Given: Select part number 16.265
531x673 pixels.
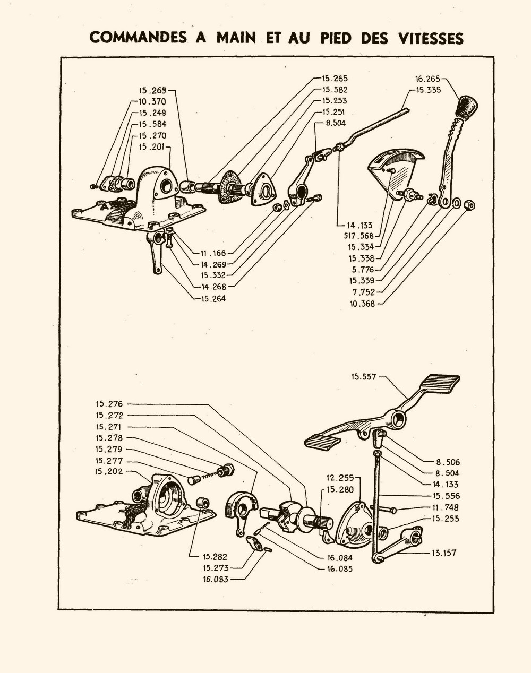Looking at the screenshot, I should coord(427,79).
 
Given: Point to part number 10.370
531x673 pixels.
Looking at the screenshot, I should coord(152,101).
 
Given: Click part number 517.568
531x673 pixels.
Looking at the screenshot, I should coord(359,236).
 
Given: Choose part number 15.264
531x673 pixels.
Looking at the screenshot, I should coord(213,298).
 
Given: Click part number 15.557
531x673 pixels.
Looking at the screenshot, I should coord(363,377).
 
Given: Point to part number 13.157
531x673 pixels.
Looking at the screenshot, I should coord(444,553).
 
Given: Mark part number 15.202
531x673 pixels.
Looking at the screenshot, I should coord(109,471).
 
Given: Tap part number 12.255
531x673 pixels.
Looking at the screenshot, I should coord(340,478).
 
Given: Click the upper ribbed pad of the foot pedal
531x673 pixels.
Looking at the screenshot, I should coord(439,383).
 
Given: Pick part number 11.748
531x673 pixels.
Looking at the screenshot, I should coord(446,507).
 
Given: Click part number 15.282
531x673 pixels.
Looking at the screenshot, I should coord(215,557).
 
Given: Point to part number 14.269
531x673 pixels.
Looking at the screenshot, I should coord(213,264).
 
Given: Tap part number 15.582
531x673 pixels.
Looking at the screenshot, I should coord(335,90).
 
